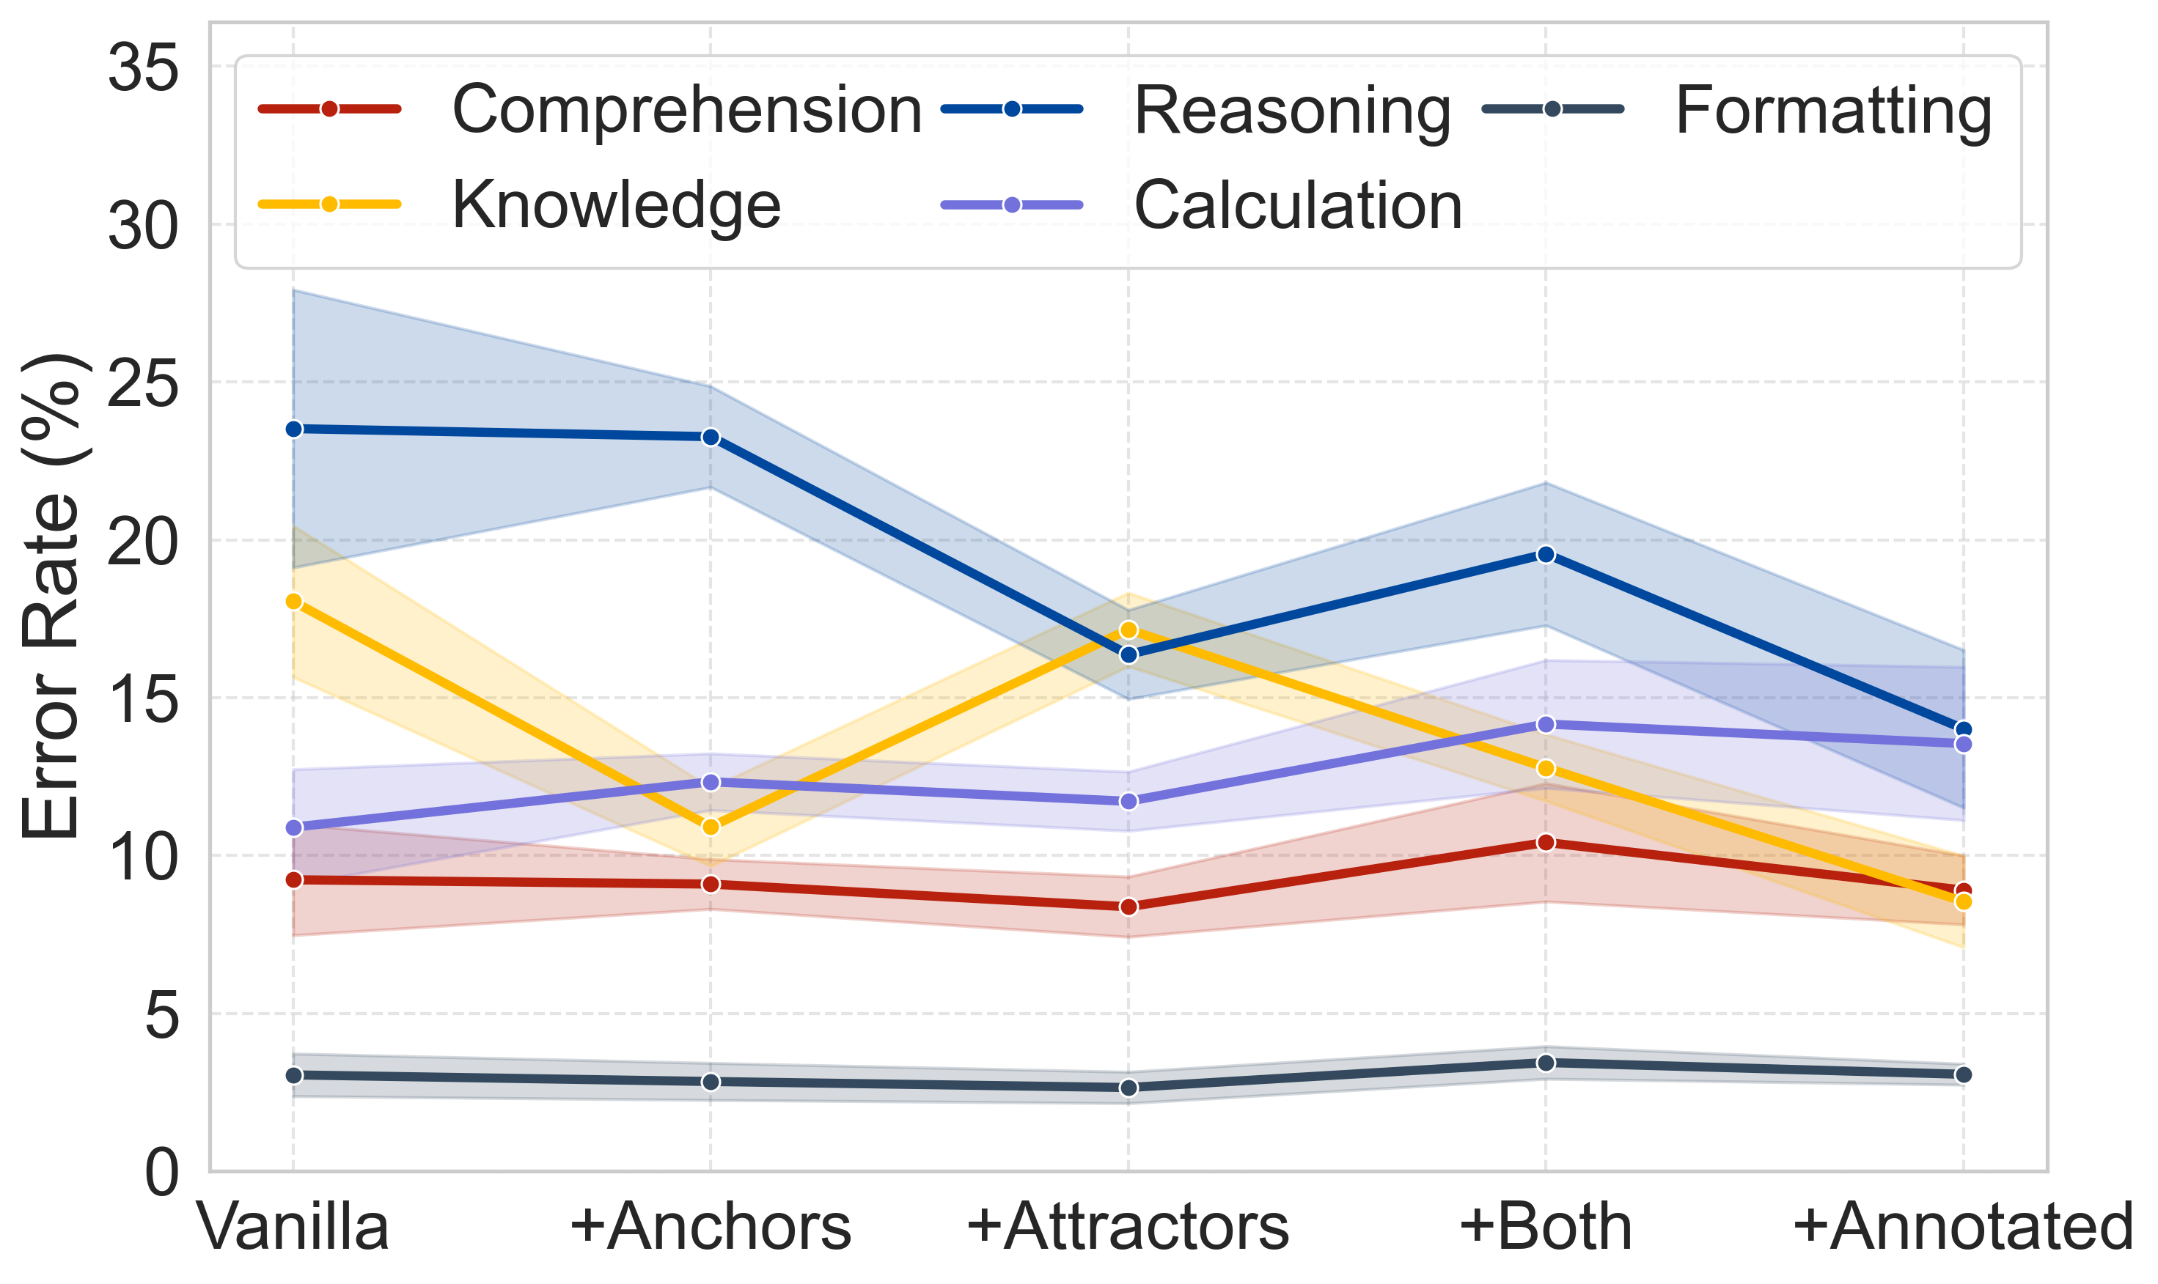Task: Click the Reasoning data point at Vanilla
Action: point(293,429)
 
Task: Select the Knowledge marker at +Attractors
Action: point(1128,630)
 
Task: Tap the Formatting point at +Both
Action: point(1545,1063)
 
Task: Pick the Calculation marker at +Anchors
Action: point(711,782)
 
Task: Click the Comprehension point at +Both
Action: point(1545,842)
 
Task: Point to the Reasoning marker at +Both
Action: point(1545,555)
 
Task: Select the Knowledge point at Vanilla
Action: point(293,602)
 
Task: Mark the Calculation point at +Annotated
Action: point(1963,743)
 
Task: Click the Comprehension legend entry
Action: point(686,110)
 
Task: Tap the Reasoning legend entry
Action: point(1291,110)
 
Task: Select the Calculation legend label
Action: point(1298,205)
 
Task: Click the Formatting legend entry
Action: point(1833,110)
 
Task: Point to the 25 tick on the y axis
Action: point(143,383)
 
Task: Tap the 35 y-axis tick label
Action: point(143,67)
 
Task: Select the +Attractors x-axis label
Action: point(1128,1227)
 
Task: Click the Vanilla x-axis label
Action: point(293,1227)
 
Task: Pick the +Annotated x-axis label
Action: point(1962,1227)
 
